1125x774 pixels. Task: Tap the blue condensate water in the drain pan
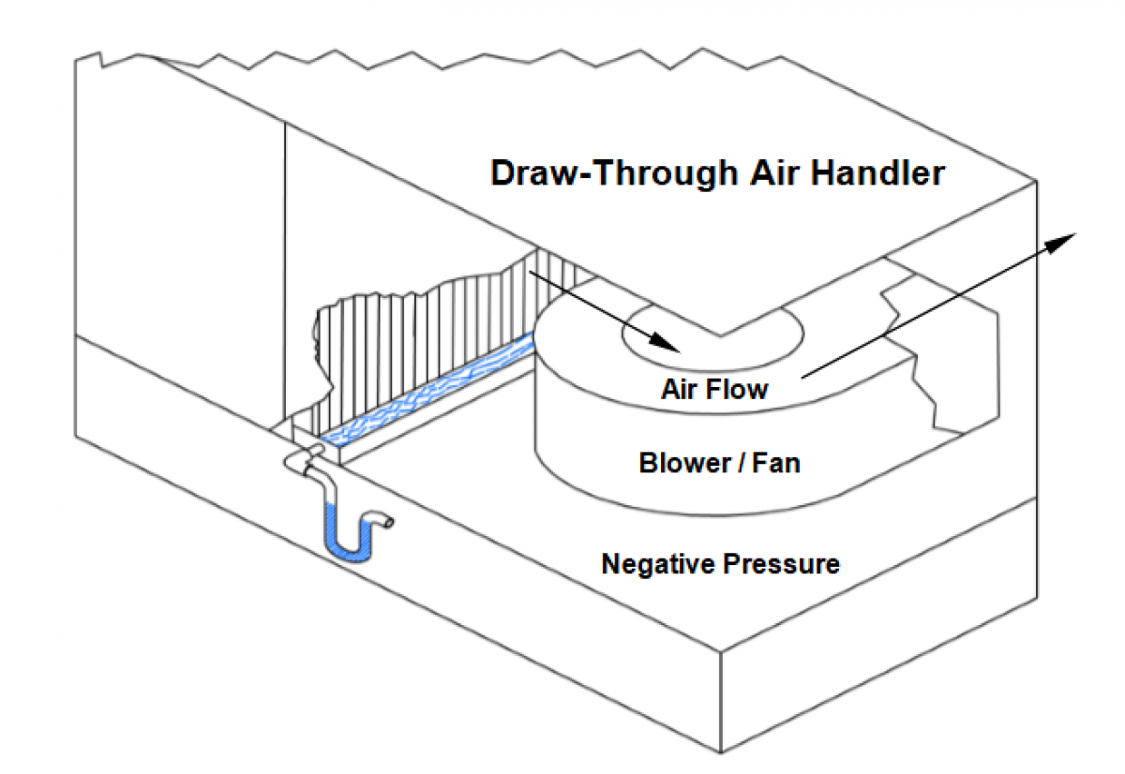tap(422, 394)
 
